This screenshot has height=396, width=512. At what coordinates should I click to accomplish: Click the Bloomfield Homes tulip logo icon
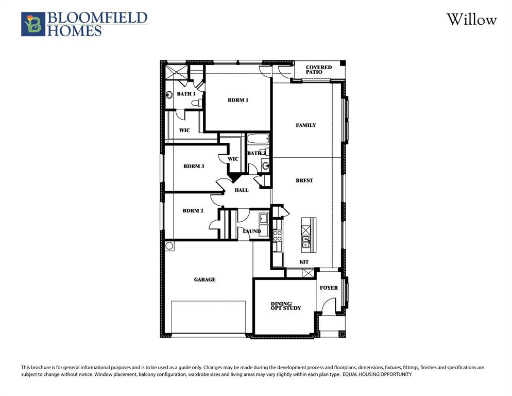point(32,24)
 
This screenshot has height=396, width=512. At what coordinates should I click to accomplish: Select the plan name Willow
point(471,20)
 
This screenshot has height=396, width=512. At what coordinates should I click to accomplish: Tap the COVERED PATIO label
point(318,70)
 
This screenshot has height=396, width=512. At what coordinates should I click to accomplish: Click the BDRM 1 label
point(238,100)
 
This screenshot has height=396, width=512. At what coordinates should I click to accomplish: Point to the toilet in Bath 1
point(196,103)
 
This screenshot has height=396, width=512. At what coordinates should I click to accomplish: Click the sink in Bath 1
point(169,95)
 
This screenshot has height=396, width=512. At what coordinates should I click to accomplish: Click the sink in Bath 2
point(265,166)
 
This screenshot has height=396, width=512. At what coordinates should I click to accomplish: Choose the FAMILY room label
point(305,125)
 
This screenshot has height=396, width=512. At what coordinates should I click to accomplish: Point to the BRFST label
point(304,181)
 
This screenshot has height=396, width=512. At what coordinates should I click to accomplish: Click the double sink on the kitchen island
point(306,241)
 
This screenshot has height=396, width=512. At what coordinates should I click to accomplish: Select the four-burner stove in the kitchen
point(277,236)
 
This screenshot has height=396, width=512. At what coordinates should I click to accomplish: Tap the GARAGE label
point(204,279)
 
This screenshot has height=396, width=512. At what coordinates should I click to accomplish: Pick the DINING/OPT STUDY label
point(285,306)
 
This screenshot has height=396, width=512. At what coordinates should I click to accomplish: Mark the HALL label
point(241,190)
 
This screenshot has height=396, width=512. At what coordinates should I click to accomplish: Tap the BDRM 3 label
point(194,167)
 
